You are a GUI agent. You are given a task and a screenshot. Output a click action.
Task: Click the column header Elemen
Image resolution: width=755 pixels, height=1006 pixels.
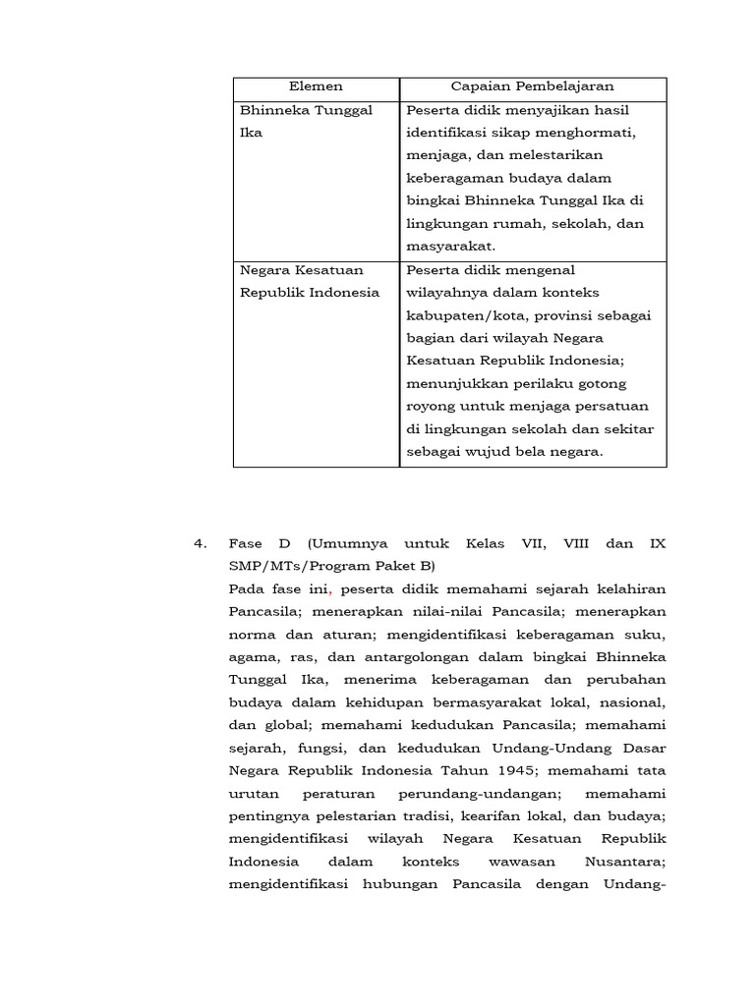[317, 87]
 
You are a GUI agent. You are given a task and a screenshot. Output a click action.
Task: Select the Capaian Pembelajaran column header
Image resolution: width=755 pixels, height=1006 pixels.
[532, 87]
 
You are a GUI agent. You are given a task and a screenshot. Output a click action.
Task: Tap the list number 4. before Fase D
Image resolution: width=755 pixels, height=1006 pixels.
[201, 543]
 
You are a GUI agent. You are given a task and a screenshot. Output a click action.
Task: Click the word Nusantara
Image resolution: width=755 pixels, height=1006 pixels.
[626, 862]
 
